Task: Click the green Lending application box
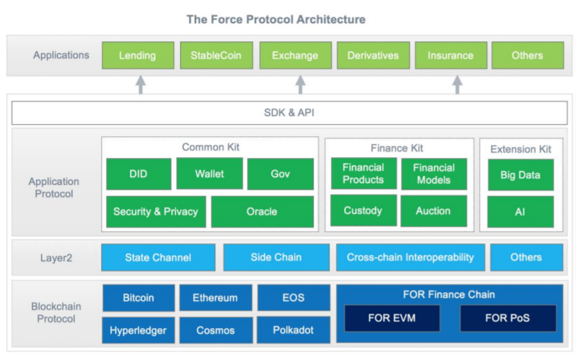point(137,55)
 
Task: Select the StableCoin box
point(216,55)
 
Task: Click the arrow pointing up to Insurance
point(457,84)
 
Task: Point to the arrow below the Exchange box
point(300,84)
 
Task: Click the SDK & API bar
point(289,113)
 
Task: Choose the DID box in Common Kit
point(138,174)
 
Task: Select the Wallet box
point(209,174)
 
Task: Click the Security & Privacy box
point(155,211)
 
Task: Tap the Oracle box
point(262,211)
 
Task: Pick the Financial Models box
point(433,174)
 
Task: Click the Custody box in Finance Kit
point(363,210)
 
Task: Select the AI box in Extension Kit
point(520,212)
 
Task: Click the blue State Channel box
point(158,258)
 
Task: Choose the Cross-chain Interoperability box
point(410,258)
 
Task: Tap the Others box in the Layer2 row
point(526,258)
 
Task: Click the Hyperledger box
point(138,330)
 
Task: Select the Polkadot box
point(293,330)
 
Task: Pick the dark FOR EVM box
point(393,318)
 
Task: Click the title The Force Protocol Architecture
point(276,19)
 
